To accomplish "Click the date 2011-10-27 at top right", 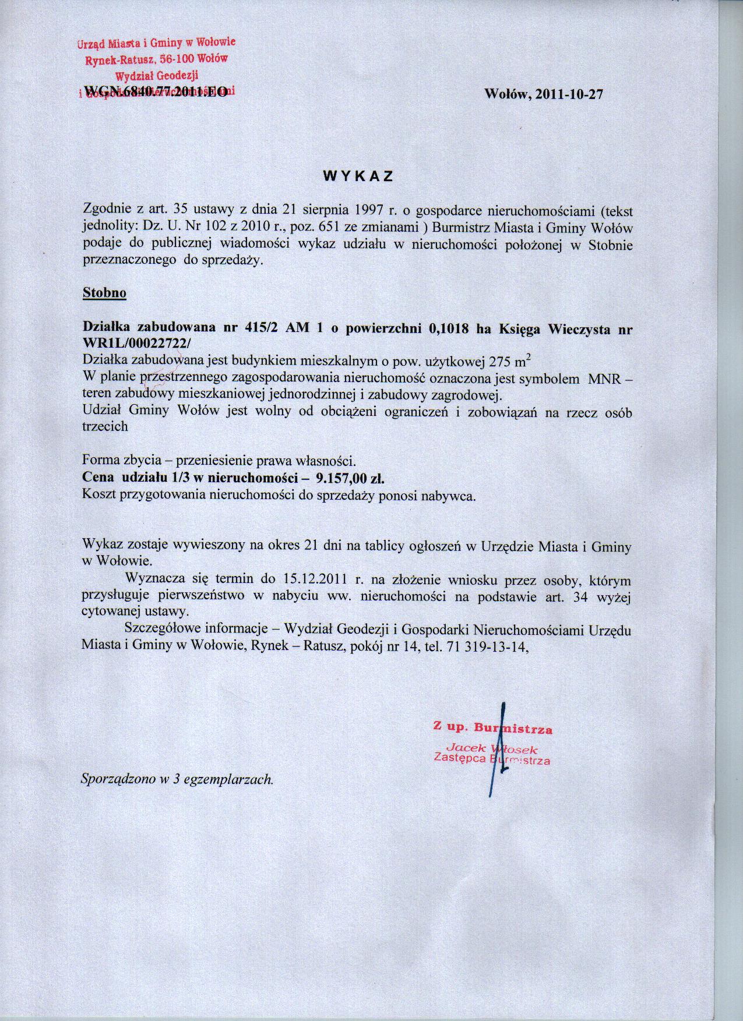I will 565,95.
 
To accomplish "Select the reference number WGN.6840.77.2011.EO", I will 156,91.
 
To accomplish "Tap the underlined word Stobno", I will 104,292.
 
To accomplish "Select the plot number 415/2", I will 256,328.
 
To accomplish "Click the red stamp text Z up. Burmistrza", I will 492,728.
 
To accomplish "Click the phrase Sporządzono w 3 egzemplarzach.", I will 177,779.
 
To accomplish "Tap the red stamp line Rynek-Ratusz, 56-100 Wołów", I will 156,59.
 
